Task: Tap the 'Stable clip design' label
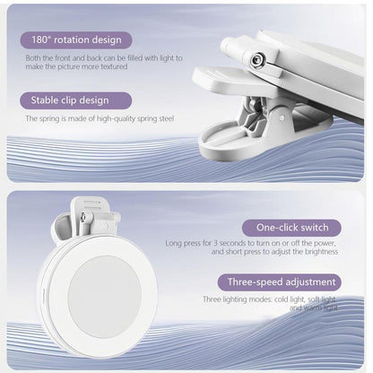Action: tap(72, 100)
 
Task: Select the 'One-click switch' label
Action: tap(291, 228)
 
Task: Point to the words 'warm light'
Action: tap(320, 308)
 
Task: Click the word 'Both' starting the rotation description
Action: tap(34, 58)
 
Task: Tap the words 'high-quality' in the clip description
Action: tap(114, 118)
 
